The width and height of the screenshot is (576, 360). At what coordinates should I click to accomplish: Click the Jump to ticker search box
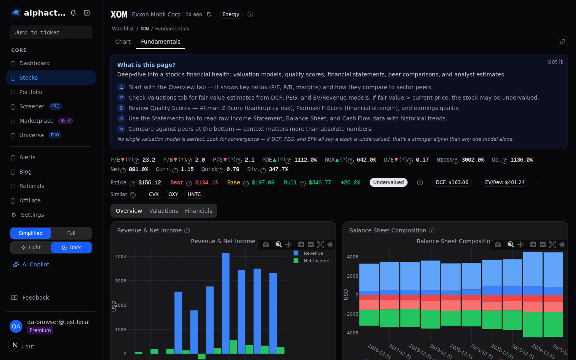51,32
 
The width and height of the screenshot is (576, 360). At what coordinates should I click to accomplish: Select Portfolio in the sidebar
31,92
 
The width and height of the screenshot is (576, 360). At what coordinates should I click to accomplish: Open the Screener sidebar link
32,106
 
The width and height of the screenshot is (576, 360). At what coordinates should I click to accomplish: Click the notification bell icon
73,13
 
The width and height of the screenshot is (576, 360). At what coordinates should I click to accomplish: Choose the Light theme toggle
31,248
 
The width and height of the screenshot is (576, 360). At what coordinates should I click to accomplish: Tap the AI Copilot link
36,264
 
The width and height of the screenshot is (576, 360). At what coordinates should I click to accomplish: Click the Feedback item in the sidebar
35,298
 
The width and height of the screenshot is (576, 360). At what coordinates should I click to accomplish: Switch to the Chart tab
123,42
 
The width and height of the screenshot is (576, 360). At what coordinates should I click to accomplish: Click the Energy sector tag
231,14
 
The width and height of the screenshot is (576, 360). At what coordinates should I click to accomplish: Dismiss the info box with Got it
555,62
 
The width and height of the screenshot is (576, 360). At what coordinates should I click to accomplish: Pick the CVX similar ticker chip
154,194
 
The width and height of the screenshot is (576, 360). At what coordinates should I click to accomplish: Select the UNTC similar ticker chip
194,194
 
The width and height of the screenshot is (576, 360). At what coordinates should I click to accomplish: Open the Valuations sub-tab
164,211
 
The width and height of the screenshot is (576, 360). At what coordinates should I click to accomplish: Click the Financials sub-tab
198,211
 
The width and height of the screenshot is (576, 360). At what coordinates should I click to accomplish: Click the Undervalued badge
388,182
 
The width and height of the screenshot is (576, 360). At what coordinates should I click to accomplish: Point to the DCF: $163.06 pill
452,182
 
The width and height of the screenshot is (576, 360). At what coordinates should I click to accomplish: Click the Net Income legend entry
316,261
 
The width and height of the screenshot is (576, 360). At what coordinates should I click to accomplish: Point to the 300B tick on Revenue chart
121,281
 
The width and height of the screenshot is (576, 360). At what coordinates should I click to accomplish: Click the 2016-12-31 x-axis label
379,351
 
